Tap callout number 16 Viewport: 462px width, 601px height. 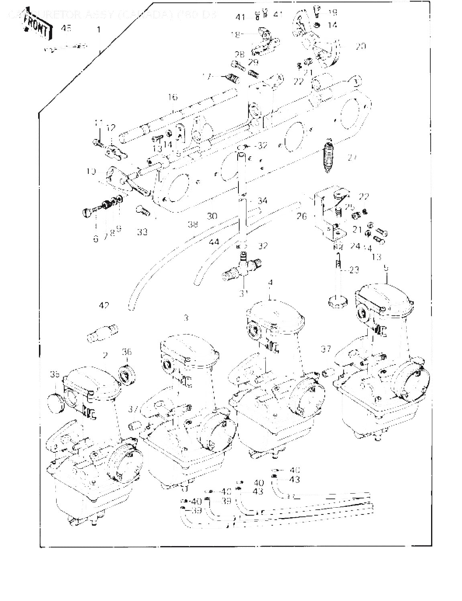point(173,97)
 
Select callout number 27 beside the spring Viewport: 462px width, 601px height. point(352,157)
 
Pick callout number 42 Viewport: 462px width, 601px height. point(104,306)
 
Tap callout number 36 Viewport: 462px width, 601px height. point(127,352)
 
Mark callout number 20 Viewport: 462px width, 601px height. point(360,46)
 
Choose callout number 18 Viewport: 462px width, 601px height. point(236,35)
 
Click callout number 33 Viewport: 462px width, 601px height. point(142,232)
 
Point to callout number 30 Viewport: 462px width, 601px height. point(212,216)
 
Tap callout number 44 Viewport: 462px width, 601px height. point(214,242)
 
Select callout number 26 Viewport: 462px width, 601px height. point(301,216)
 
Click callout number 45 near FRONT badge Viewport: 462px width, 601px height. point(66,28)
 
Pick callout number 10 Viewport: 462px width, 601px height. point(91,171)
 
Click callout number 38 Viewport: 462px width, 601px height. point(193,224)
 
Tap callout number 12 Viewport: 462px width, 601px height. point(111,128)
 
